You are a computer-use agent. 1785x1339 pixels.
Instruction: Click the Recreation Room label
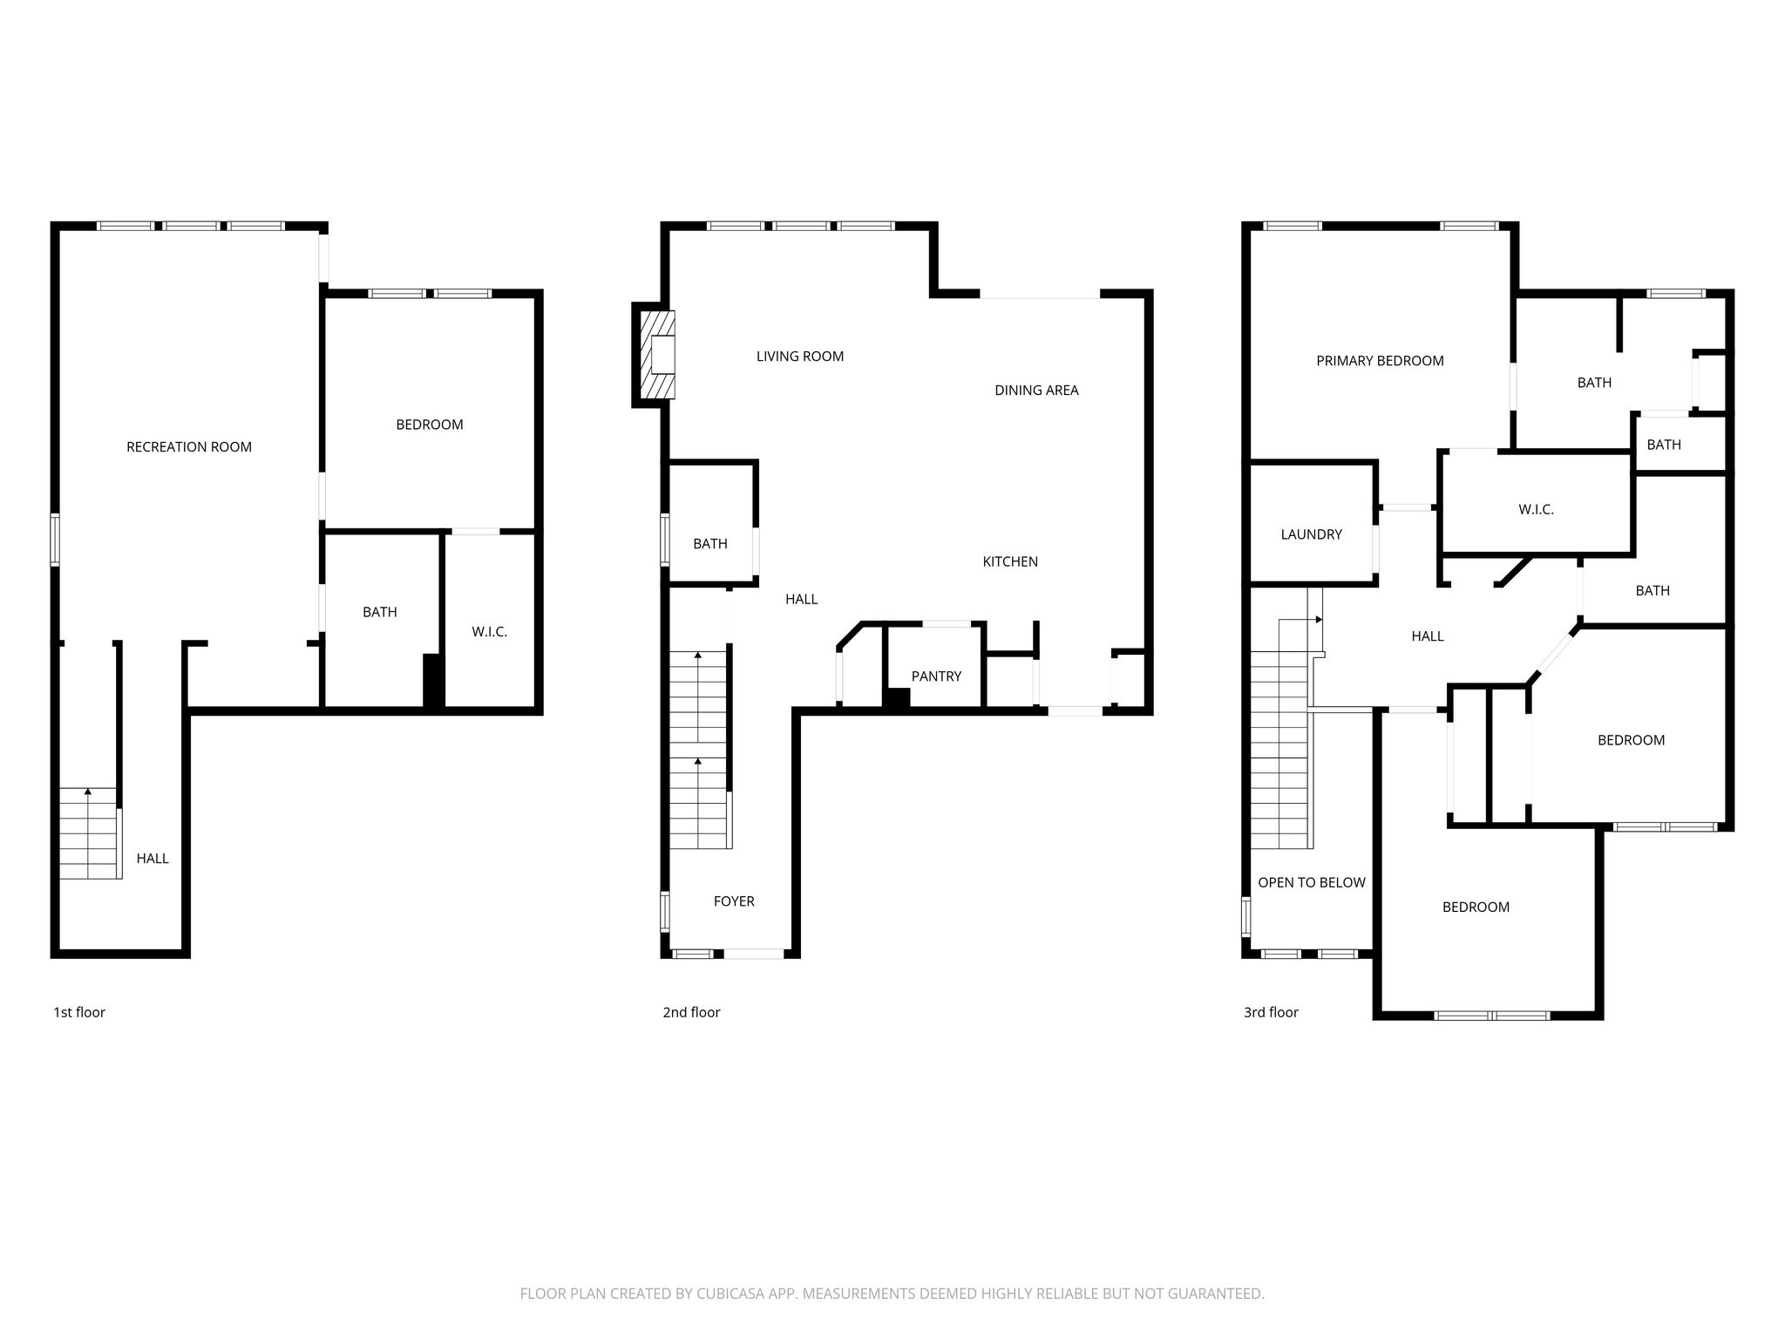189,447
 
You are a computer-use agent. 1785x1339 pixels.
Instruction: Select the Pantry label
936,676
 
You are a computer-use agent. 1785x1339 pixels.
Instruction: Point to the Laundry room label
1311,534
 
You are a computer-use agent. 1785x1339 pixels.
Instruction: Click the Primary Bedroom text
1380,361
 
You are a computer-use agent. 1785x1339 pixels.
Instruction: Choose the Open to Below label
1311,883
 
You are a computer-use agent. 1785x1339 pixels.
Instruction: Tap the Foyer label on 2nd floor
734,901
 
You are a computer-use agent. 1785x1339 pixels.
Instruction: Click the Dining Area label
1036,391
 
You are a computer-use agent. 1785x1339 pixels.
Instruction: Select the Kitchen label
1010,562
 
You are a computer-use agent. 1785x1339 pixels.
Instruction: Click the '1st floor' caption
79,1012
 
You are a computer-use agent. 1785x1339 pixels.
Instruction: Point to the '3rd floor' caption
1271,1012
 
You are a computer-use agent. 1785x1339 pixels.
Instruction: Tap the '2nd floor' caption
691,1012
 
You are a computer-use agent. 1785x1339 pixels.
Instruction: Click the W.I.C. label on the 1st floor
489,632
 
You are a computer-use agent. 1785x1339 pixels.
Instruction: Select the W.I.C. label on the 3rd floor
1536,510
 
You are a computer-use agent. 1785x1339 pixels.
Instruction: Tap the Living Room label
800,357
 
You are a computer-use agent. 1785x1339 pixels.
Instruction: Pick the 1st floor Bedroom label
429,425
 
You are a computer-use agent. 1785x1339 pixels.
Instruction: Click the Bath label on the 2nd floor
710,544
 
